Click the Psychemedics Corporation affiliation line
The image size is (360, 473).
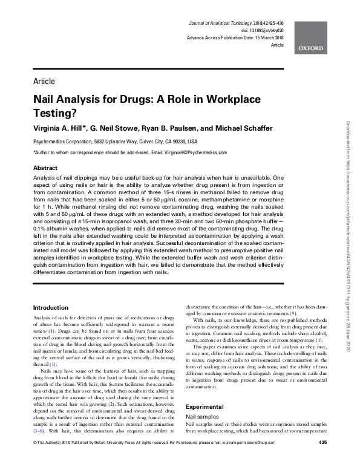point(115,141)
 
